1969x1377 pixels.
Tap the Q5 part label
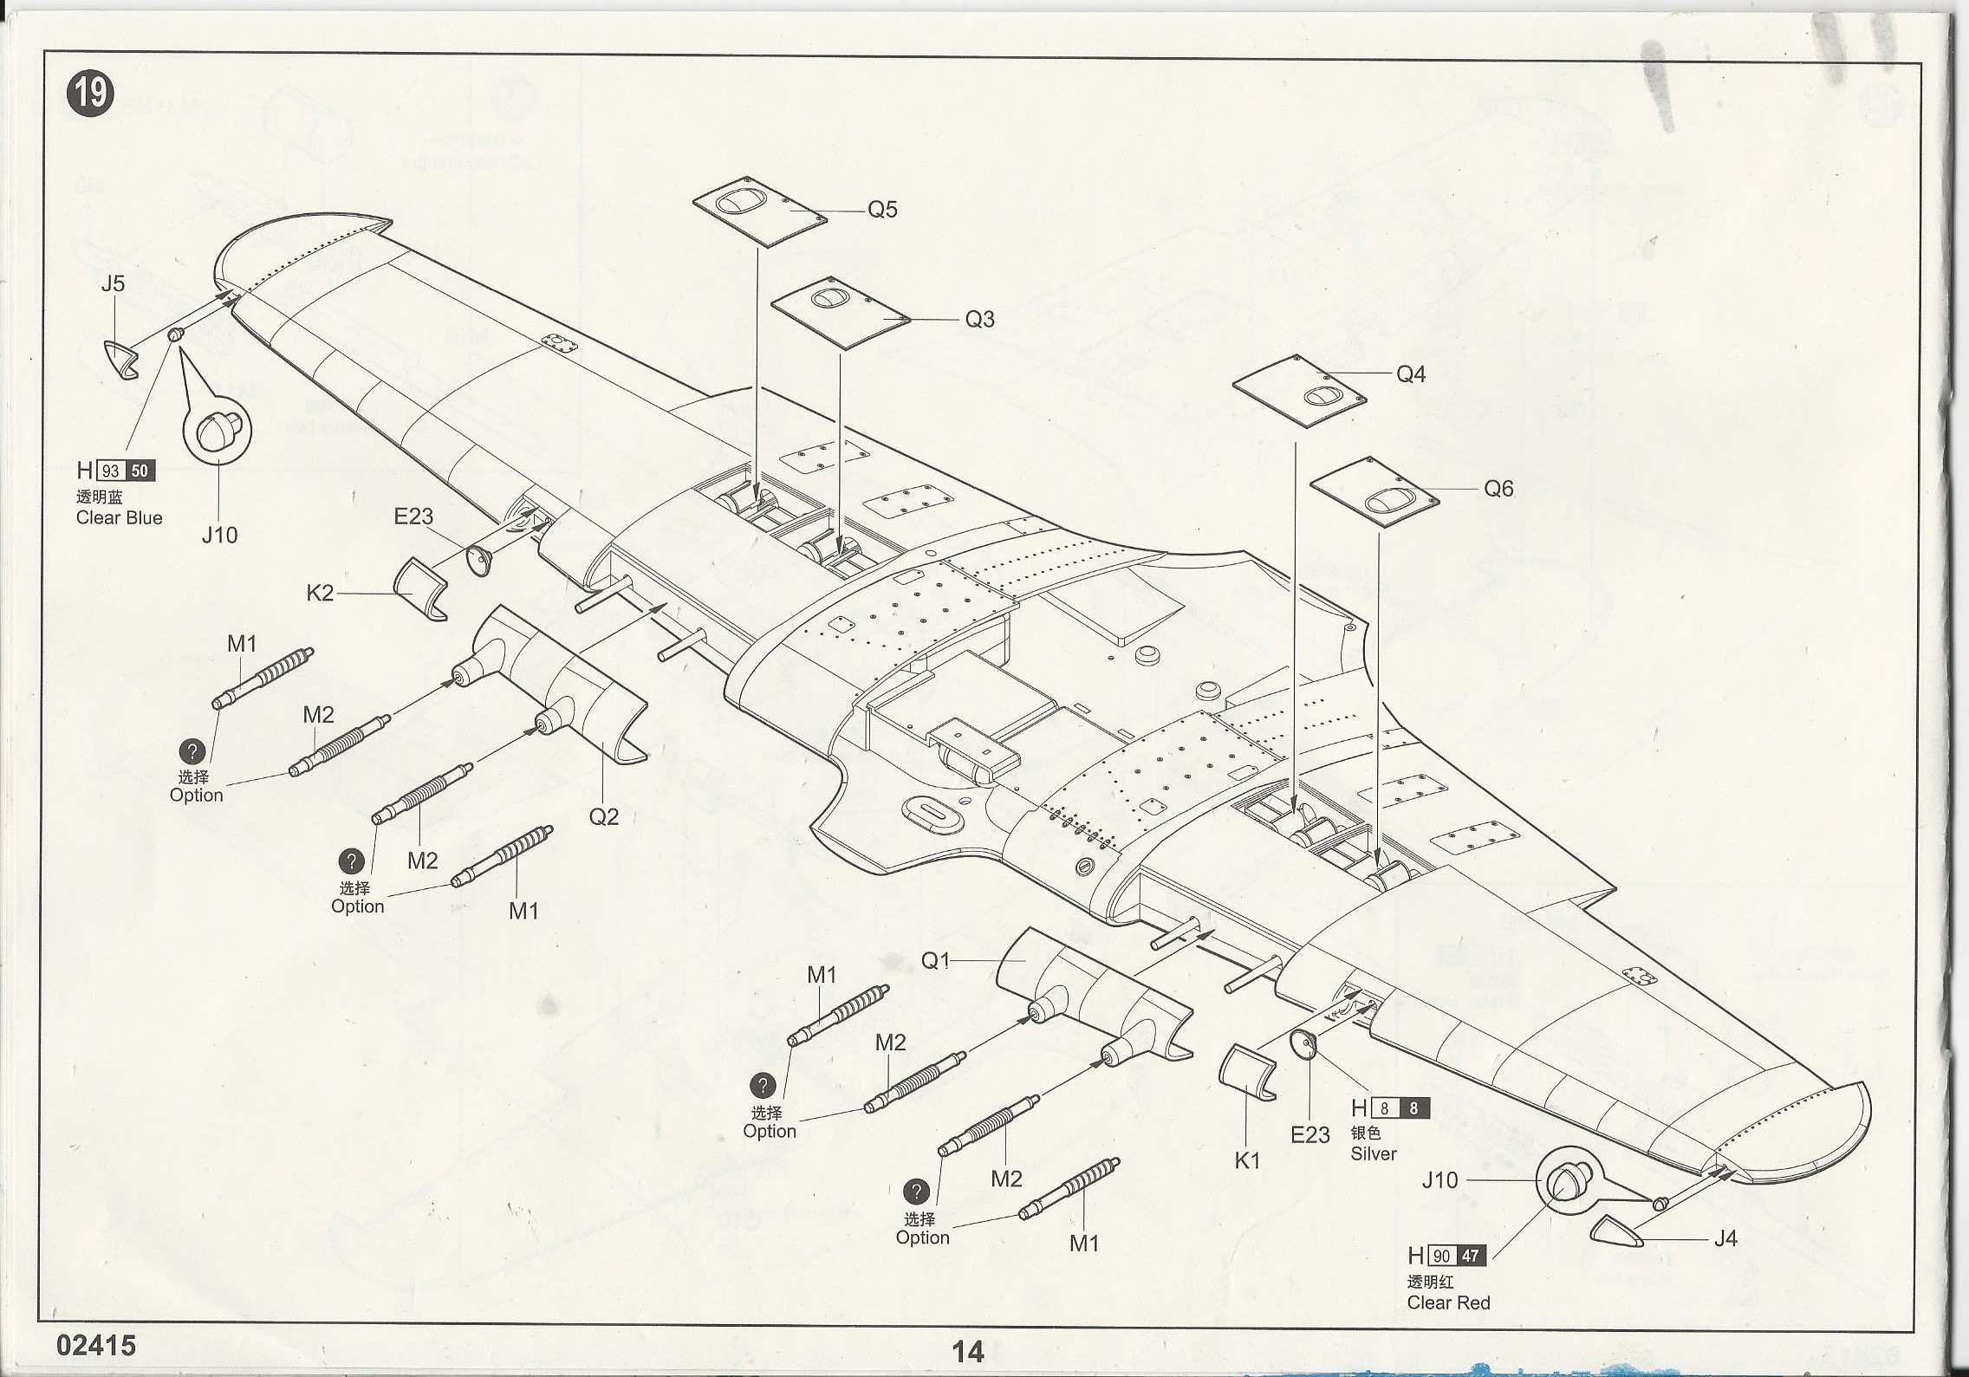click(x=882, y=210)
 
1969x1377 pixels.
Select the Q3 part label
click(x=979, y=320)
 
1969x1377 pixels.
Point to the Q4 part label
click(x=1411, y=374)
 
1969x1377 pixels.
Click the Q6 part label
click(x=1498, y=489)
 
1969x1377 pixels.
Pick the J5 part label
click(x=113, y=283)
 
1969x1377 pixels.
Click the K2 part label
click(x=320, y=594)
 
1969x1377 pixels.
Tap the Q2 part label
click(x=603, y=816)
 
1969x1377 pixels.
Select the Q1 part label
click(x=936, y=960)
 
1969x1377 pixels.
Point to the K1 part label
click(x=1247, y=1161)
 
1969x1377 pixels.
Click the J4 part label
click(x=1725, y=1239)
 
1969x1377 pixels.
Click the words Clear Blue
click(x=119, y=518)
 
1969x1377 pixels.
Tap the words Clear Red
click(x=1448, y=1302)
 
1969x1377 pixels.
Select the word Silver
click(x=1374, y=1154)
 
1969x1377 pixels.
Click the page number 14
click(x=967, y=1351)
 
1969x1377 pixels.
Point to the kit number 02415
click(x=96, y=1345)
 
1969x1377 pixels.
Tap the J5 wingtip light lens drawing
click(x=120, y=359)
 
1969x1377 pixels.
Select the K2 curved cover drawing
click(x=421, y=588)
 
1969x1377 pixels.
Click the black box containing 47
click(x=1470, y=1256)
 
